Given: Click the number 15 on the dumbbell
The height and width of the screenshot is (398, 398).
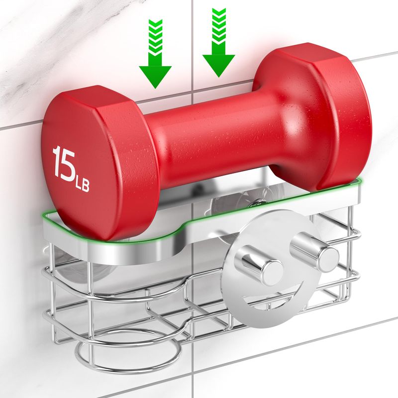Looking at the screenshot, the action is click(x=64, y=164).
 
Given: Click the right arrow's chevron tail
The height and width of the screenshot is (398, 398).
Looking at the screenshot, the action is click(x=219, y=31).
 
